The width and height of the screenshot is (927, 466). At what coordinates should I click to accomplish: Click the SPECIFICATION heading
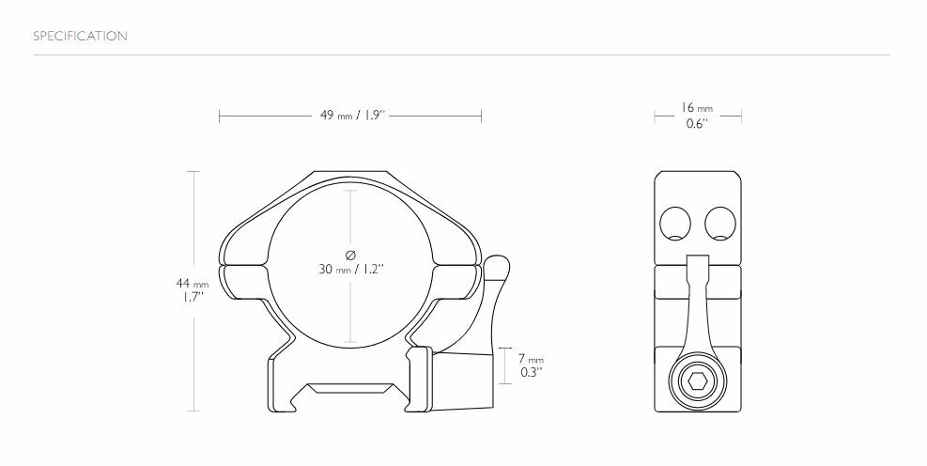point(80,37)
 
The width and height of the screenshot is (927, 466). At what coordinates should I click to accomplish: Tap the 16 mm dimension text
point(697,109)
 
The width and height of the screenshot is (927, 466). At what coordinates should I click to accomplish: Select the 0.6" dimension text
point(697,124)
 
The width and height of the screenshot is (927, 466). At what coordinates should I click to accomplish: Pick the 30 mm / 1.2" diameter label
point(351,270)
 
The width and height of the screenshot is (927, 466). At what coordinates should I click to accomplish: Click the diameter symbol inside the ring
point(350,254)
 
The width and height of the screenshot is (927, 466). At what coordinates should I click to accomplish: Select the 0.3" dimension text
point(530,373)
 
